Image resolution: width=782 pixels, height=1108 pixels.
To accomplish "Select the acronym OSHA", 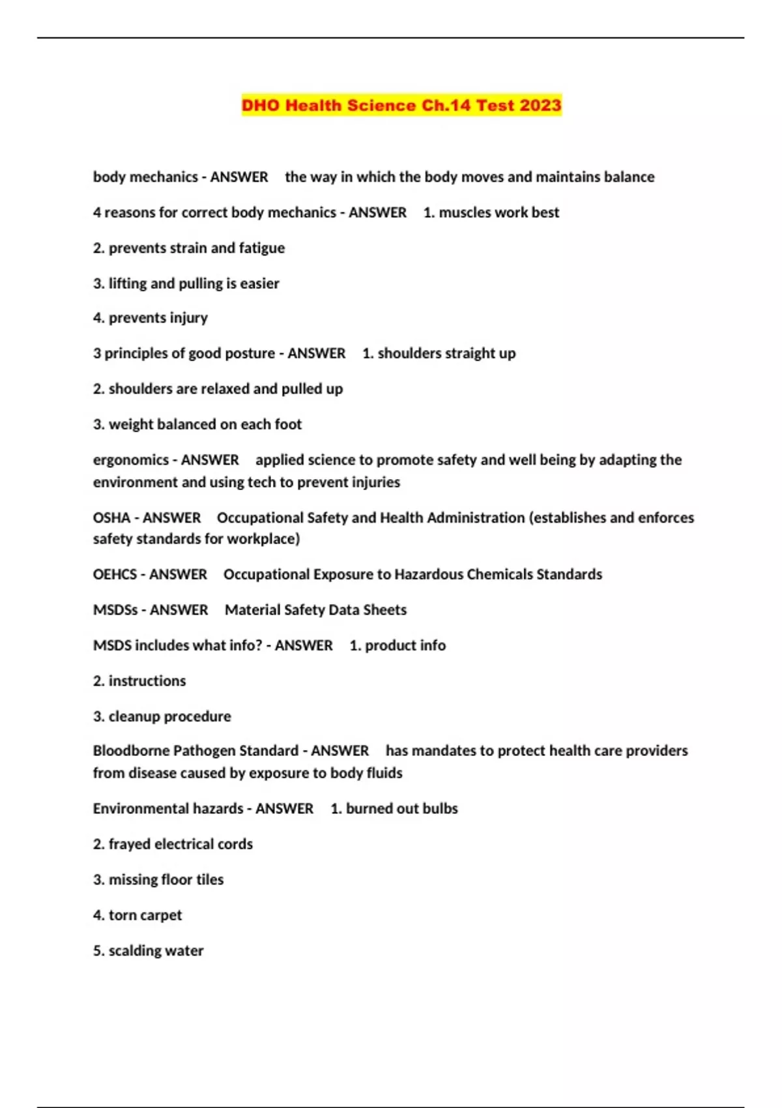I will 111,518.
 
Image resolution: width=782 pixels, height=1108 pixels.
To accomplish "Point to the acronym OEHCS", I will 115,574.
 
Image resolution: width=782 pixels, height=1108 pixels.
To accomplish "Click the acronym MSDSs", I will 115,610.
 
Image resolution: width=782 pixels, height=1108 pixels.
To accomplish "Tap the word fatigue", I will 261,248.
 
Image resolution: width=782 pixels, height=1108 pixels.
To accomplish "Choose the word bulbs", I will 440,809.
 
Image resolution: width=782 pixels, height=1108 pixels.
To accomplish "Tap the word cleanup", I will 135,716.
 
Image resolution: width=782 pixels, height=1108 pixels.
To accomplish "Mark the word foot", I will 288,424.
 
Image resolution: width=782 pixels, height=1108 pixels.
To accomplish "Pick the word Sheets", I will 384,610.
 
